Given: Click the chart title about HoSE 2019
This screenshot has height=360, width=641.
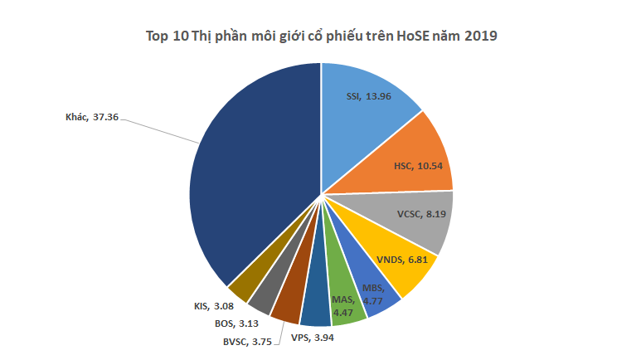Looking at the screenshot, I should tap(321, 36).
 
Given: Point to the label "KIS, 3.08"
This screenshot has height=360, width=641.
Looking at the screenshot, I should tap(202, 306).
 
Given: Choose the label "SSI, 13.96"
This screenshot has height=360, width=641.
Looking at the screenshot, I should tap(367, 96).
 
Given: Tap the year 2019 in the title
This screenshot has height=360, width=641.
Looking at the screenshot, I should tap(481, 36).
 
